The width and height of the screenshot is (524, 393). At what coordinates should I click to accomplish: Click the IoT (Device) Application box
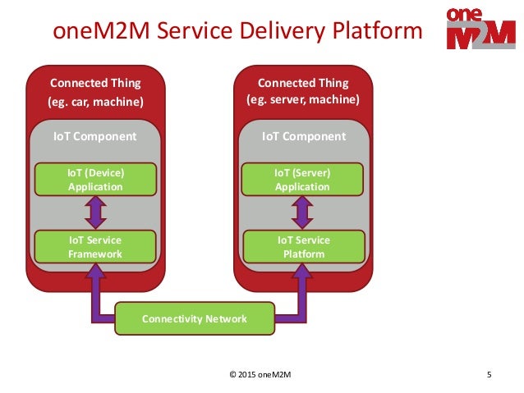(x=95, y=180)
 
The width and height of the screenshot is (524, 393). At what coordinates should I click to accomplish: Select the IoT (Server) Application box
(x=302, y=180)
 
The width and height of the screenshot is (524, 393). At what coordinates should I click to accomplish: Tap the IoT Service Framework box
(x=95, y=247)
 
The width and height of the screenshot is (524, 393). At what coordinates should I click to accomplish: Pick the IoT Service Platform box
(x=302, y=247)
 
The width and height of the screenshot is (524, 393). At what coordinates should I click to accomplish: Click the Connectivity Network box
(x=195, y=318)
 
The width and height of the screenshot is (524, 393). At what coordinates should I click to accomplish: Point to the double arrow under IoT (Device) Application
(x=95, y=213)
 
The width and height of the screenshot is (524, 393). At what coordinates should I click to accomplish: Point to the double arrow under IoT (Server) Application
(x=302, y=213)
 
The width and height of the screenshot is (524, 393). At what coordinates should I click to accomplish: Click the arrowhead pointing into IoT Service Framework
(x=95, y=275)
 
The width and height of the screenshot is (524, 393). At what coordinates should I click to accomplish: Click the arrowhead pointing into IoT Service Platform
(x=302, y=275)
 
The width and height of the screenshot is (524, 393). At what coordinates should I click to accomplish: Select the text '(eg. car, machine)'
(x=95, y=102)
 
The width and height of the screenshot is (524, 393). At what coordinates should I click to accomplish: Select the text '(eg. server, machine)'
(x=303, y=100)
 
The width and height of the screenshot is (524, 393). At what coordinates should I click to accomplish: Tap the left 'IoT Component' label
(x=95, y=136)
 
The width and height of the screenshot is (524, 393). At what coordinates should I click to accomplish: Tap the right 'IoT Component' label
(x=303, y=136)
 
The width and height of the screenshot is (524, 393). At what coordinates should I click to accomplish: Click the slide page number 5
(x=489, y=376)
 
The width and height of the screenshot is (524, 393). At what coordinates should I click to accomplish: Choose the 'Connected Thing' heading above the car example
(x=95, y=83)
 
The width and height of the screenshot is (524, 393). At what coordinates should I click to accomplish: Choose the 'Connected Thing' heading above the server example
(x=303, y=83)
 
